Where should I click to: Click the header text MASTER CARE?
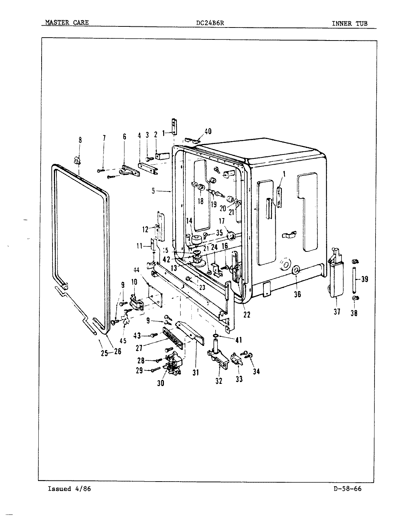point(67,23)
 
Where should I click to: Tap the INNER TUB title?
point(350,24)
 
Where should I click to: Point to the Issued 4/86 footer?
point(69,489)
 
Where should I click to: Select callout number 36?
point(297,294)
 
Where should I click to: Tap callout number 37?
point(337,311)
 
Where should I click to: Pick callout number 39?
point(365,279)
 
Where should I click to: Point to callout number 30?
point(161,383)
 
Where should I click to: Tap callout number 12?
point(145,229)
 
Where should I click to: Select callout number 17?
point(221,221)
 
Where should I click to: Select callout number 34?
point(256,371)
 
